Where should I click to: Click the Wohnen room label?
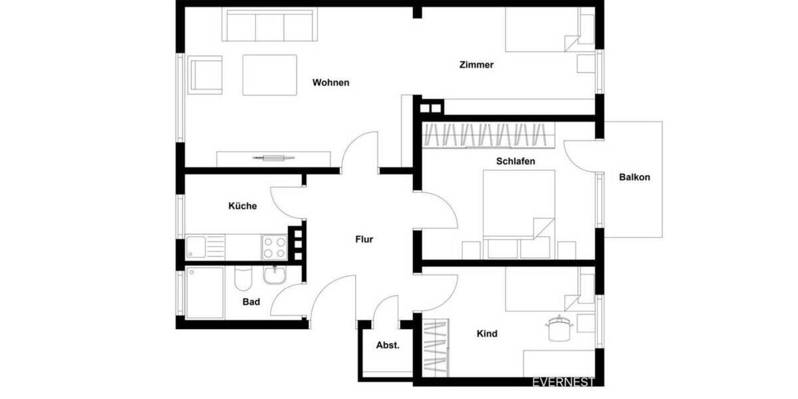(331, 83)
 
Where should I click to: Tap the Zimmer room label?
(476, 65)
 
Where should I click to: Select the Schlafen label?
(515, 162)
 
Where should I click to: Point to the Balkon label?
(634, 178)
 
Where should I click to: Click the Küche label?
(242, 206)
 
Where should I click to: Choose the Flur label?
(364, 239)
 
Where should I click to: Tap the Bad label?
(251, 302)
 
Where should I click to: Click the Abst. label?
(388, 345)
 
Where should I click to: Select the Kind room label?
(487, 334)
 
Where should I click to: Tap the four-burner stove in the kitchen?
(274, 247)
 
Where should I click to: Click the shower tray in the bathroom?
(205, 293)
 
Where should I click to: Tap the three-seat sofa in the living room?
(269, 26)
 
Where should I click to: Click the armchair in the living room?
(205, 74)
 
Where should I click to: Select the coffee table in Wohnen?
(269, 75)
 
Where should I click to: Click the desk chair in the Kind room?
(557, 328)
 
